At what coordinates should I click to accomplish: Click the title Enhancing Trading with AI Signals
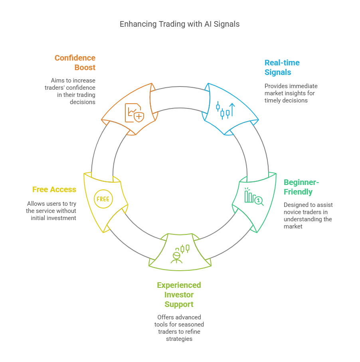[180, 24]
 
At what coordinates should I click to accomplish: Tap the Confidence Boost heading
[75, 63]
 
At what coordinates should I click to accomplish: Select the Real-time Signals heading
[282, 67]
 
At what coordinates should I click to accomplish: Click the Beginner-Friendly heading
[301, 187]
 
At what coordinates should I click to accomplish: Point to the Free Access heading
[54, 189]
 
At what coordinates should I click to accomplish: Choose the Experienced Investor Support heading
[179, 295]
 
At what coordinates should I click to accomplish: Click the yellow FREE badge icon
[103, 199]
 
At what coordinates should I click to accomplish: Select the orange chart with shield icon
[134, 113]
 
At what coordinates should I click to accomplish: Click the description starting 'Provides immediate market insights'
[291, 93]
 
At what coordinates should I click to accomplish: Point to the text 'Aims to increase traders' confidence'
[70, 91]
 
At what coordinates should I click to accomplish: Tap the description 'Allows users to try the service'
[51, 211]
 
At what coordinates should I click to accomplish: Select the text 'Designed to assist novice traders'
[308, 215]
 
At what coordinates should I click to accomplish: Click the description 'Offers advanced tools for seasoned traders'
[179, 328]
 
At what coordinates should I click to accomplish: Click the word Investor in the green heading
[179, 295]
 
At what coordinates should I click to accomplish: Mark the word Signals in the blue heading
[278, 72]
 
